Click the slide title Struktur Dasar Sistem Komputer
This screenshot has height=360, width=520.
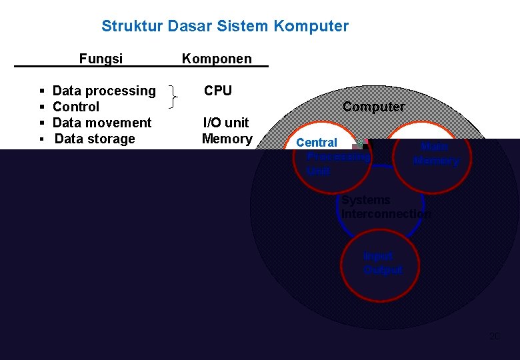tap(225, 27)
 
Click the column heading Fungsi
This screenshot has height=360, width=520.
tap(101, 59)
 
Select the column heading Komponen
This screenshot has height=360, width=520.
tap(217, 59)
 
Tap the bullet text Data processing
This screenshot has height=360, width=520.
tap(104, 91)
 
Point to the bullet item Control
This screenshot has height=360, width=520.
tap(76, 107)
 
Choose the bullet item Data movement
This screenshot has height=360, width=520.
tap(102, 123)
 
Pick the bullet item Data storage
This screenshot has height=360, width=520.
tap(95, 139)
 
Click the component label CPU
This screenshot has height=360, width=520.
tap(218, 91)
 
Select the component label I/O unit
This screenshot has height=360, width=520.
tap(226, 123)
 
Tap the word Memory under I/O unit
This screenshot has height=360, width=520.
tap(227, 139)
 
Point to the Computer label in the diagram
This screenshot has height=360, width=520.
tap(373, 107)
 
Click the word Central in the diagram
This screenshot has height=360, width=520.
tap(317, 143)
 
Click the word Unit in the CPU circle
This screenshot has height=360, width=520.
tap(319, 171)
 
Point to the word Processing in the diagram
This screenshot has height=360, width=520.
tap(337, 157)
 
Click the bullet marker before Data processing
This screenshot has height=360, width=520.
tap(42, 91)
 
